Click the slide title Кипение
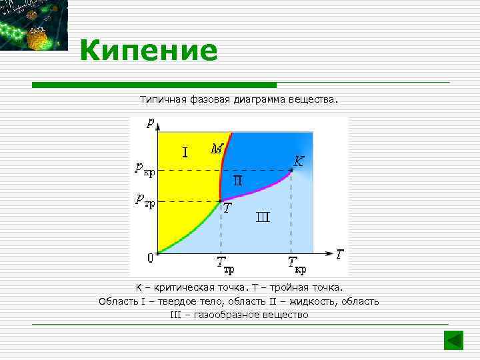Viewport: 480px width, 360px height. click(x=149, y=51)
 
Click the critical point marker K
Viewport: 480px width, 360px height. click(x=291, y=171)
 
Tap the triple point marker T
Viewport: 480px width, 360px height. click(x=221, y=201)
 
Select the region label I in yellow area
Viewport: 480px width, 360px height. click(x=185, y=153)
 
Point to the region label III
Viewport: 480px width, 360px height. click(x=263, y=217)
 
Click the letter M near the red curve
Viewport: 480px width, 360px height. click(x=217, y=149)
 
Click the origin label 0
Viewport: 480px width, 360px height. click(x=151, y=257)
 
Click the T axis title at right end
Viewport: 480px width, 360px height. click(x=340, y=253)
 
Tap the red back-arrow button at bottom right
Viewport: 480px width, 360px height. click(x=453, y=340)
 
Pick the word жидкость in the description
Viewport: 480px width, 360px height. click(x=314, y=301)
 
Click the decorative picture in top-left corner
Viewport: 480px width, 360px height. click(x=33, y=25)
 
